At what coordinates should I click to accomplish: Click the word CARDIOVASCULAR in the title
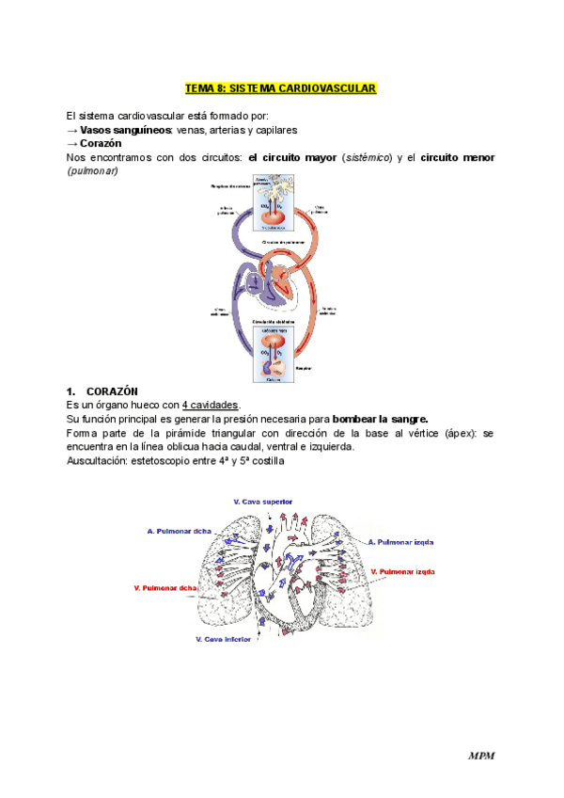(336, 88)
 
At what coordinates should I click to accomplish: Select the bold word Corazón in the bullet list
(102, 143)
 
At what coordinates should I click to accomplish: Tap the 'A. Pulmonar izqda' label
(401, 543)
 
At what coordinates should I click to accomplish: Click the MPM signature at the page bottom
(482, 756)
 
